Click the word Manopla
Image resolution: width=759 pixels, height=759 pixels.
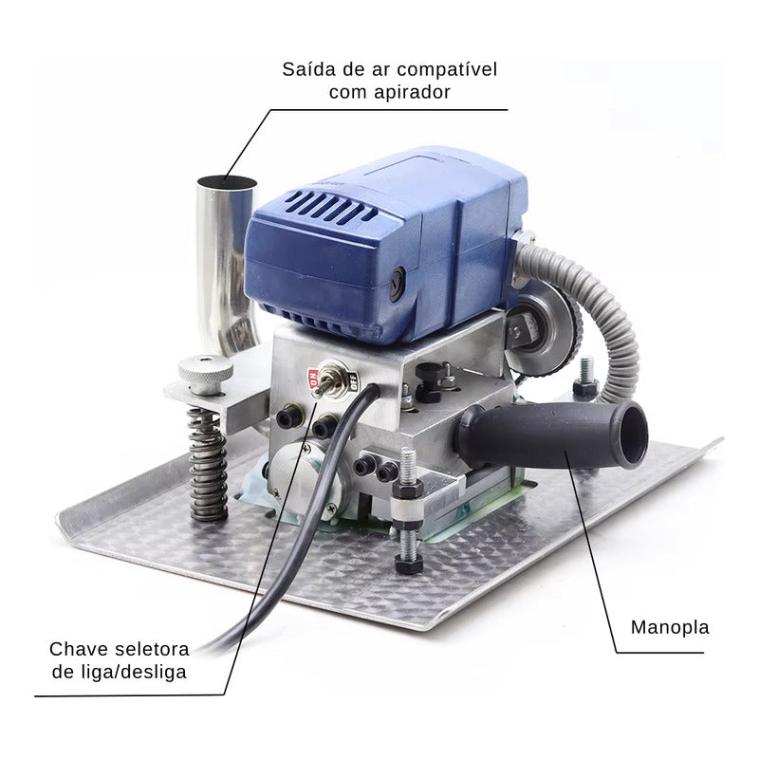[670, 627]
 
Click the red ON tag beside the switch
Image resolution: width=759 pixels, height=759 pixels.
[313, 378]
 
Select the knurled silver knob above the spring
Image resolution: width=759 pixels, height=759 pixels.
[206, 373]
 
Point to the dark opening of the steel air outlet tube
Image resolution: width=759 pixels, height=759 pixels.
[227, 182]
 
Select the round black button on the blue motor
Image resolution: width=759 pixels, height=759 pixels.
[398, 284]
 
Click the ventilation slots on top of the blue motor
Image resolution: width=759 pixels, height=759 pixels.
[329, 206]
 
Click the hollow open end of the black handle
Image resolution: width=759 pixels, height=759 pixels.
[634, 435]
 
